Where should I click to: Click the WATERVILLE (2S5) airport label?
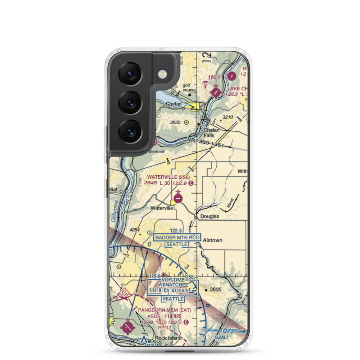tap(168, 177)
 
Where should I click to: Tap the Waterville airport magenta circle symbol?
tap(178, 198)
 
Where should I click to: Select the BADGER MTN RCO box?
tap(177, 238)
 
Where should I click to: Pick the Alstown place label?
tap(212, 240)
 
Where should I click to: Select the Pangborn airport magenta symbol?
tap(127, 327)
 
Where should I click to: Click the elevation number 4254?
tap(134, 230)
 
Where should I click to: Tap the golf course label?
tap(189, 87)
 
